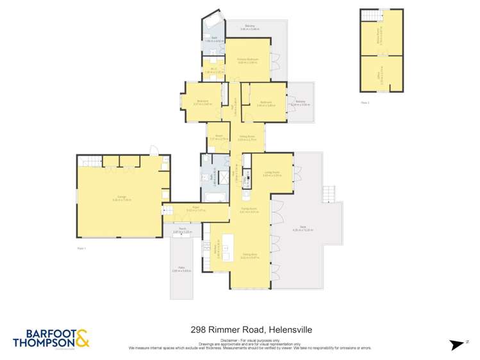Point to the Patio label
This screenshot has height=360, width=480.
[182, 270]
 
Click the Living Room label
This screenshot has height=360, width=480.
[272, 173]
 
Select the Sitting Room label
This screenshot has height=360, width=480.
[247, 136]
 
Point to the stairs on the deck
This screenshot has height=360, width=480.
[329, 193]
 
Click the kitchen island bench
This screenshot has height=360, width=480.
[235, 246]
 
